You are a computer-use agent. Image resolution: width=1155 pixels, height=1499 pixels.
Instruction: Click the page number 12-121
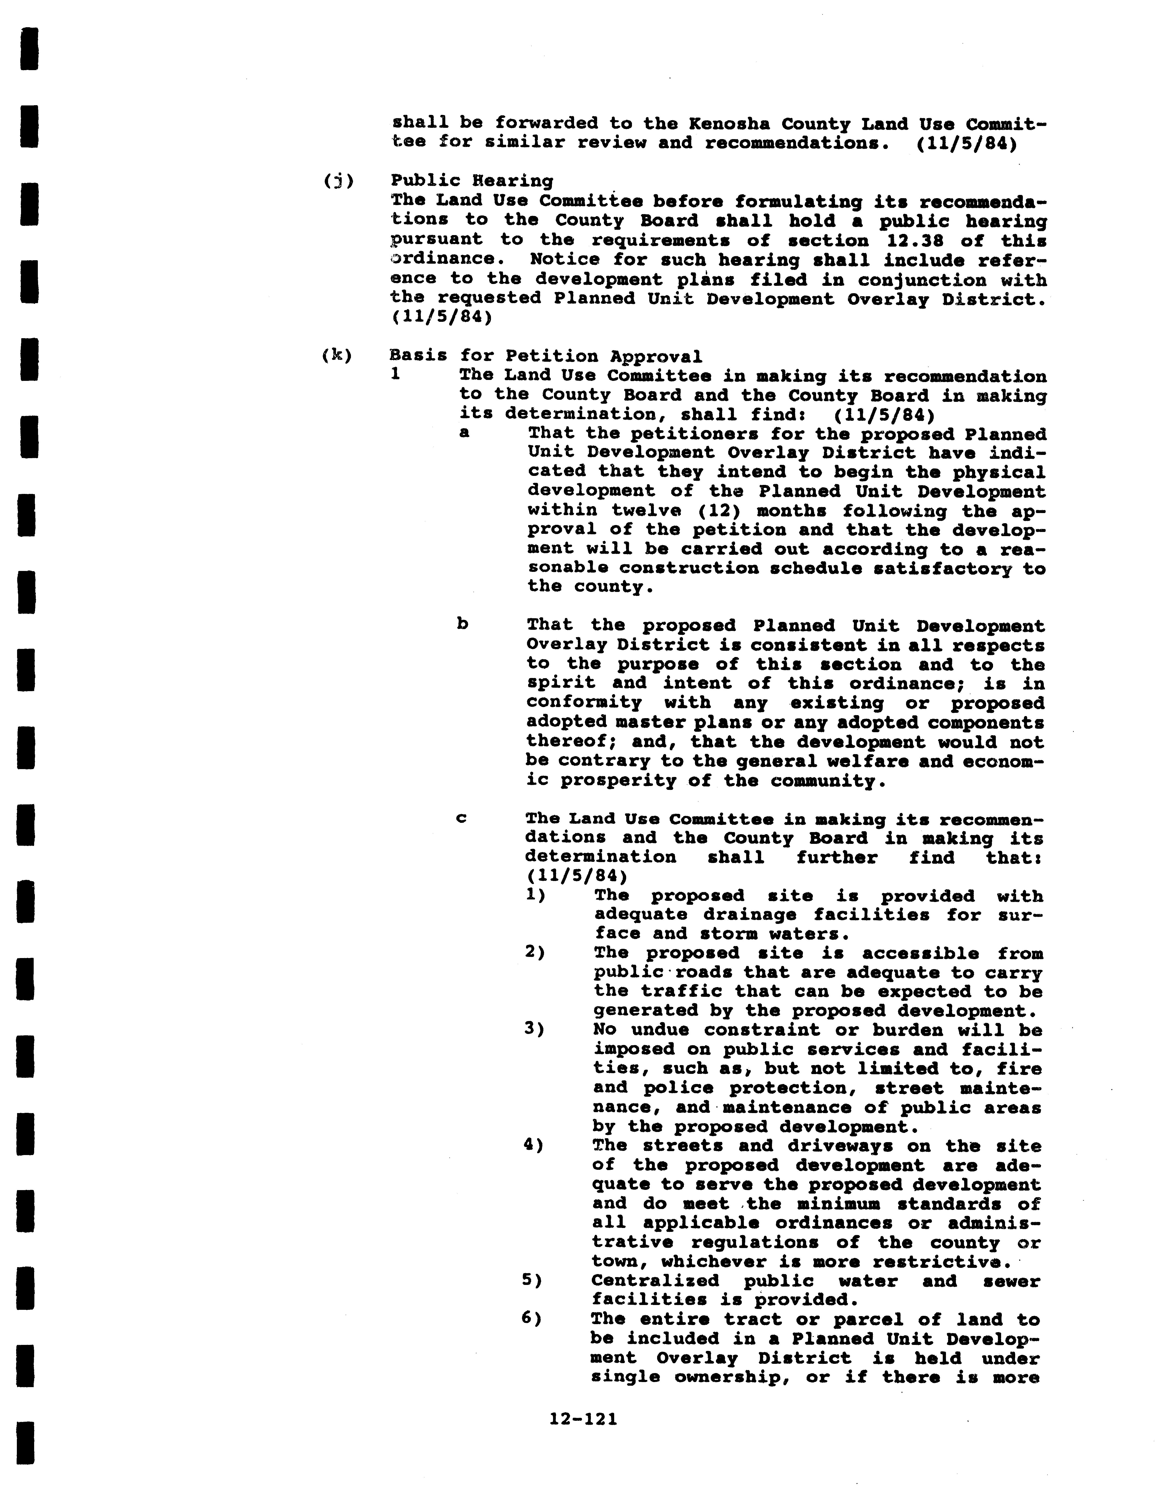click(x=583, y=1419)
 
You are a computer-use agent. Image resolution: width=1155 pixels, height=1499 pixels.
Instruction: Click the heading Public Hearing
click(x=471, y=180)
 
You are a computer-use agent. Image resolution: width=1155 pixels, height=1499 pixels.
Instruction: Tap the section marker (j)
click(x=338, y=180)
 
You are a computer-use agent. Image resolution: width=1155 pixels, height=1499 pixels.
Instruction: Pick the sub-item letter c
click(x=462, y=818)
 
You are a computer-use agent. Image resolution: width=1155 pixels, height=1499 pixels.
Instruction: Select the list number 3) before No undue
click(x=535, y=1030)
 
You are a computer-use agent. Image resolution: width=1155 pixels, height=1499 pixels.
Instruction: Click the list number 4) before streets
click(x=533, y=1146)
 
